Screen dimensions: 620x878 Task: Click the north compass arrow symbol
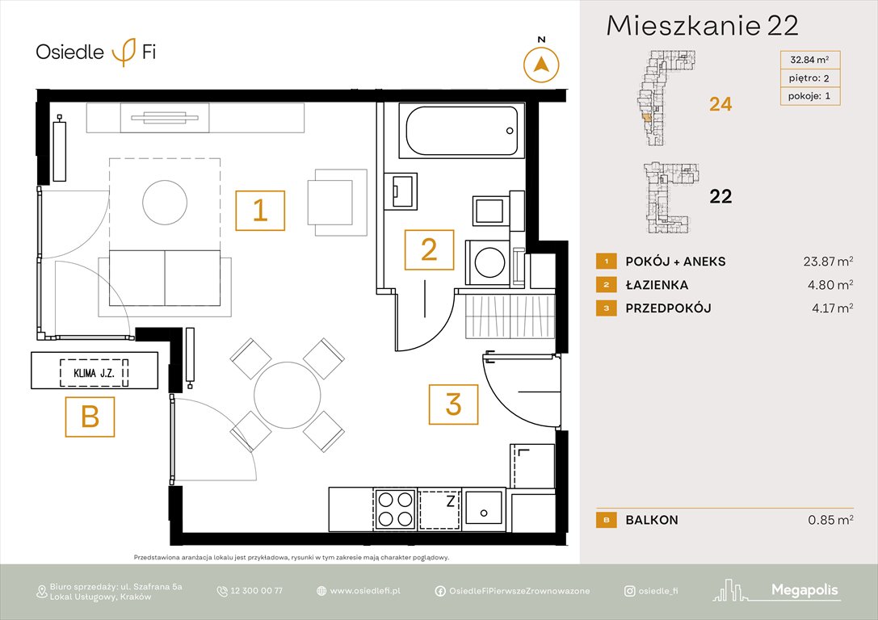point(542,64)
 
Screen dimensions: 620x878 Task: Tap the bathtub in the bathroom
point(461,132)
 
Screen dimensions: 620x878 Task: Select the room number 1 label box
point(259,210)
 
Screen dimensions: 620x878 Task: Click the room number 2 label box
point(429,249)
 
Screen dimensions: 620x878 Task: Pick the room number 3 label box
point(453,404)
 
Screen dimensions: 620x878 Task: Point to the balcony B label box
point(90,417)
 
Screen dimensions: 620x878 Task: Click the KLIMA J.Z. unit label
point(95,373)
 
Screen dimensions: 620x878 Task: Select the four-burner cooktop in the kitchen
point(395,509)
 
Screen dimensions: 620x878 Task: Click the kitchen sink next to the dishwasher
point(484,509)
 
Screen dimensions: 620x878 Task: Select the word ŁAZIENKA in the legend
point(657,285)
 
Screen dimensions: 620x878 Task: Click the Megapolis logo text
point(804,591)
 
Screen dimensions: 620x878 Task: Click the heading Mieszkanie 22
point(702,26)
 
